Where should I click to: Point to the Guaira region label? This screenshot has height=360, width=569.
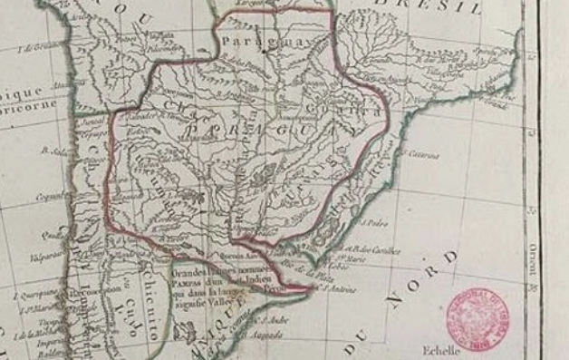333,111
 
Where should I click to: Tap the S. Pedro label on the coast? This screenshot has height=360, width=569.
375,221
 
